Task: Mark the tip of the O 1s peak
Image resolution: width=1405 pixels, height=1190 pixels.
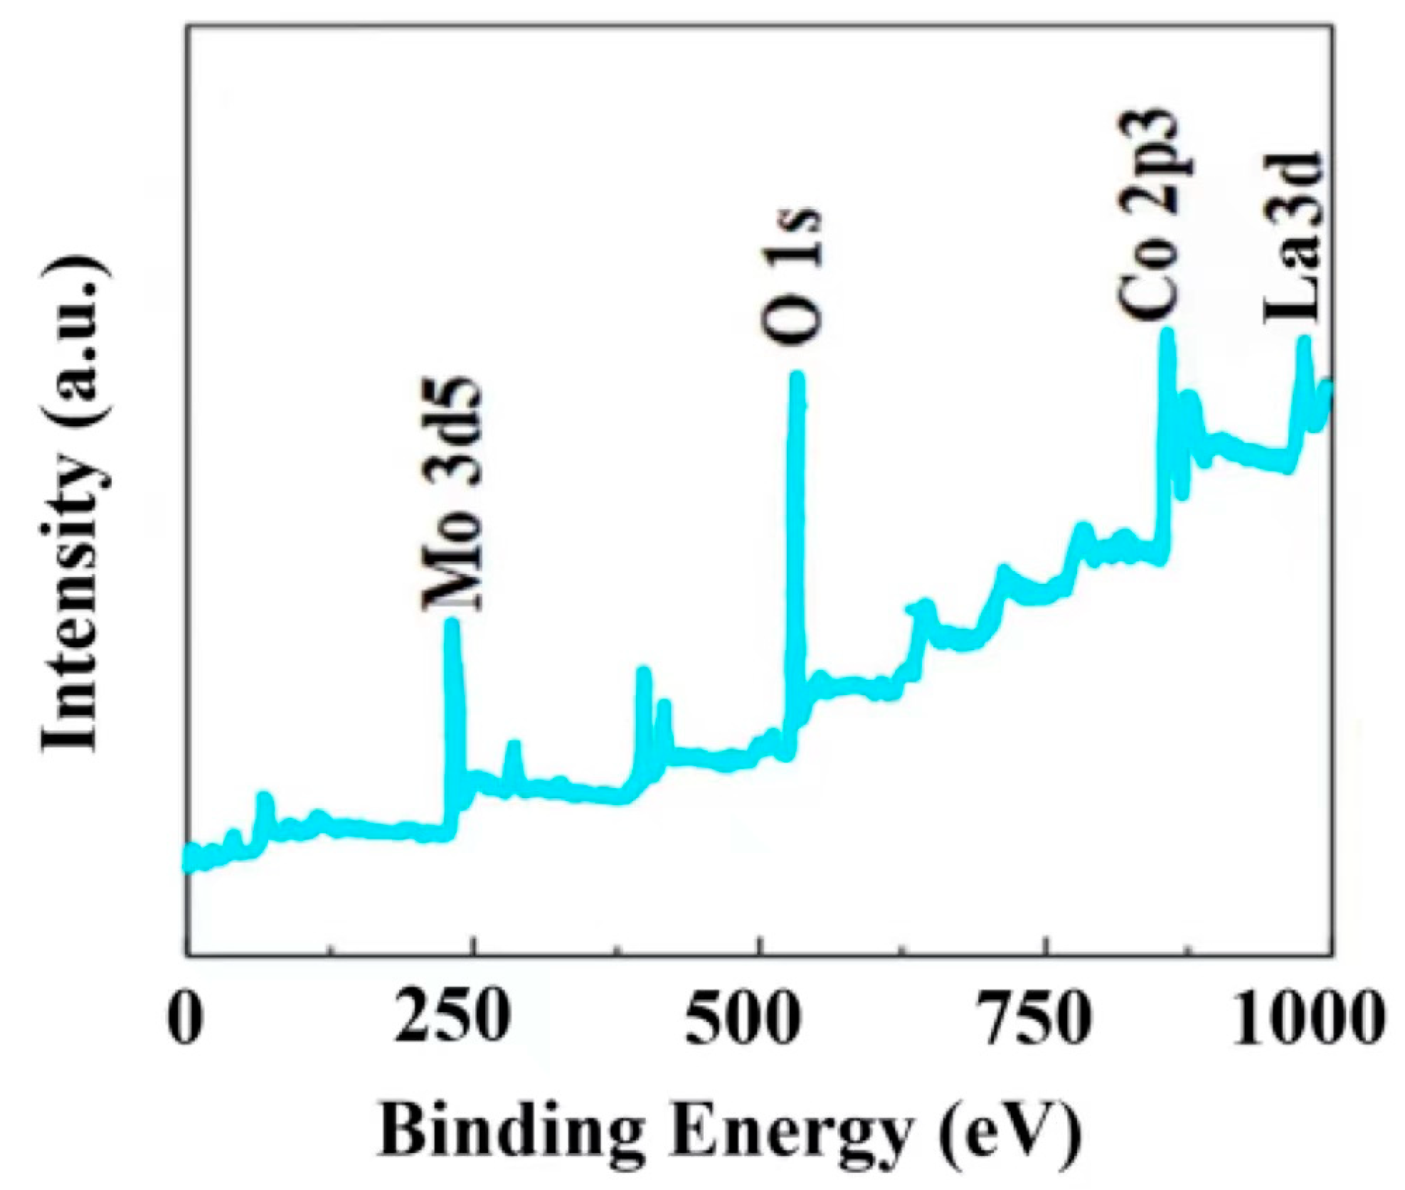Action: pos(797,377)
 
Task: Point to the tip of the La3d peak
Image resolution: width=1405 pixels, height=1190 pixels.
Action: pos(1303,341)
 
